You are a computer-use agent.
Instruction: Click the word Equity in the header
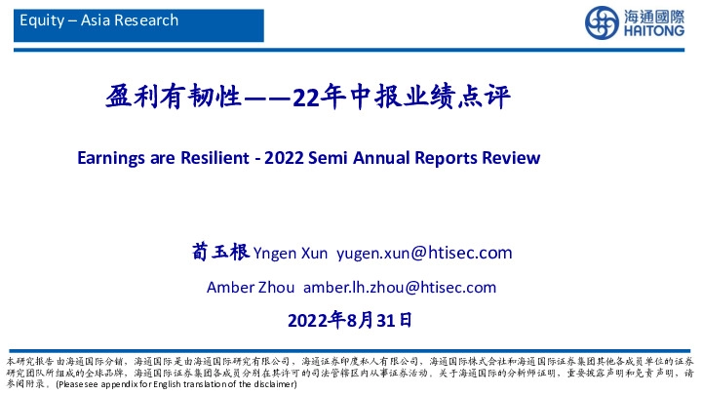pyautogui.click(x=39, y=20)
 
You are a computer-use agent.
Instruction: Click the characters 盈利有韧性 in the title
pyautogui.click(x=173, y=98)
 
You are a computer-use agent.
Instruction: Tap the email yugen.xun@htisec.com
pyautogui.click(x=424, y=254)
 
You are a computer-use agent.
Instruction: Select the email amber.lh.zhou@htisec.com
pyautogui.click(x=400, y=287)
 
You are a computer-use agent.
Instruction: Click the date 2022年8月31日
pyautogui.click(x=351, y=319)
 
